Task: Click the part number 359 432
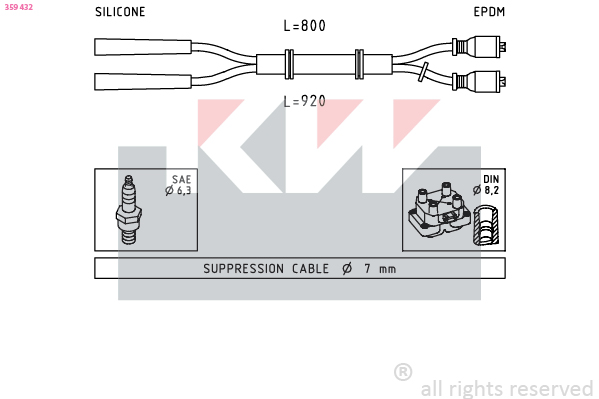(19, 7)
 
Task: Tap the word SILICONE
(120, 12)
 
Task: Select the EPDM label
(489, 12)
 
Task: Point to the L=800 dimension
(304, 26)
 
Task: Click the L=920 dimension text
(304, 101)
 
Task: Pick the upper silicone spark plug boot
(143, 47)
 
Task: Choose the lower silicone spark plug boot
(143, 81)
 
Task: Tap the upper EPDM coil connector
(479, 47)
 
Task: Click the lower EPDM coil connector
(479, 81)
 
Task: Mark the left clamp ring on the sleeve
(289, 64)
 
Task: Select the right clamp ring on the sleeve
(359, 64)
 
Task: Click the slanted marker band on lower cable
(423, 72)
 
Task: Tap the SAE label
(181, 179)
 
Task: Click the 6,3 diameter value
(184, 190)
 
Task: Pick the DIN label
(491, 179)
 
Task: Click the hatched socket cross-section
(486, 225)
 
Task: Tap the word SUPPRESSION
(243, 269)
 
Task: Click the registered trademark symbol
(403, 372)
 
